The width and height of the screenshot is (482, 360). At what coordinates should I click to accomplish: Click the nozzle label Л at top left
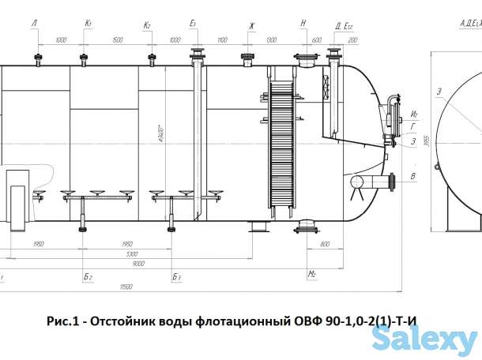click(x=34, y=25)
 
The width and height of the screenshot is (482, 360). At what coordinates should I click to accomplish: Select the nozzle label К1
click(x=88, y=25)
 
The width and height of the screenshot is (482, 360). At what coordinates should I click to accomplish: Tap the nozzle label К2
click(x=147, y=25)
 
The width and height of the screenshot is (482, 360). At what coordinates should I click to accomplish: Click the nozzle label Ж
click(x=251, y=25)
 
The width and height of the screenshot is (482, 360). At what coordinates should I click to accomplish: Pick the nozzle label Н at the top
click(x=303, y=25)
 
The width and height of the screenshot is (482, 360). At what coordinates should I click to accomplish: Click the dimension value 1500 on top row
click(x=117, y=39)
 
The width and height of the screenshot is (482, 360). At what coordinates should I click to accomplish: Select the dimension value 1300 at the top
click(x=273, y=39)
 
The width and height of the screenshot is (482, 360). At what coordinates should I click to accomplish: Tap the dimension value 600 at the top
click(x=316, y=39)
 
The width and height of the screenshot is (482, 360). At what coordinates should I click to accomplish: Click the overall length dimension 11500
click(x=126, y=287)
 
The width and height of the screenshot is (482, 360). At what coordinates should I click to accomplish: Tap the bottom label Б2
click(x=88, y=278)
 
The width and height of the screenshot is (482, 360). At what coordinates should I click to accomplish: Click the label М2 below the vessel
click(x=313, y=274)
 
